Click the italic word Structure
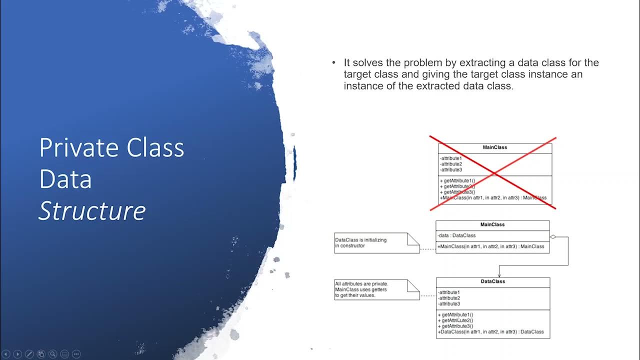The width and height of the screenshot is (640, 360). point(92,211)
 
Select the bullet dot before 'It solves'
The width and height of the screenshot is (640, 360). point(333,63)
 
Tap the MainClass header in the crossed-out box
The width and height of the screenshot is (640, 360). point(494,147)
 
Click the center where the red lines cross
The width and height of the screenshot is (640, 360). point(493,173)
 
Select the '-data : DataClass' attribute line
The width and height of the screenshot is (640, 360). point(457,235)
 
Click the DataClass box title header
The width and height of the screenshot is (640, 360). point(492,281)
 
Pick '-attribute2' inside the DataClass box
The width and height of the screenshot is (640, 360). point(448,298)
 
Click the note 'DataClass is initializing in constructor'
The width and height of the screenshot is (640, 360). point(376,243)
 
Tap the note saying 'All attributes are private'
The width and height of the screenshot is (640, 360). point(376,289)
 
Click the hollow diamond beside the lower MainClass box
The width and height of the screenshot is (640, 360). point(553,236)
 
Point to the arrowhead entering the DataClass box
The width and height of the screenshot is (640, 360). point(499,274)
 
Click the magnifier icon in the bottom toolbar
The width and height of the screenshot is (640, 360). point(52,354)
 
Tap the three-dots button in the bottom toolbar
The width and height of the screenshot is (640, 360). point(76,354)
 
